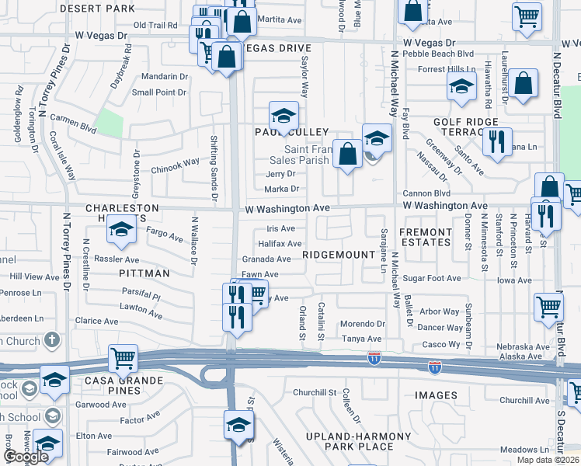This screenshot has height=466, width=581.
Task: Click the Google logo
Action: coord(25,457)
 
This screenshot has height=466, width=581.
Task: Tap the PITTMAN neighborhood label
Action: coord(144,273)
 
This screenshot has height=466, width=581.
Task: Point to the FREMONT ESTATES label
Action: coord(425,237)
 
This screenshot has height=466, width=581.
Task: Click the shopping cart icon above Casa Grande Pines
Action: coord(123,358)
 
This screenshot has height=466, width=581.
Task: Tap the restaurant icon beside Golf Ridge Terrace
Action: coord(496,141)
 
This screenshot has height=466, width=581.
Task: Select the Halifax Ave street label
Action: coord(280,244)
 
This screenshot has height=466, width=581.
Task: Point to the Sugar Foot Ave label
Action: coord(433,278)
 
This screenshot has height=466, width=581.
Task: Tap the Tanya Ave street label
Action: coord(363,339)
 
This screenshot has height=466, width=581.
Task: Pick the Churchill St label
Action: coord(315,392)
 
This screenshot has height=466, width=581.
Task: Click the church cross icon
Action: coord(51,339)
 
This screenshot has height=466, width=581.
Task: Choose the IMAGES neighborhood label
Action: coord(436,395)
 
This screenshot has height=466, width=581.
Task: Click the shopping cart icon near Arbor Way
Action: coord(548,307)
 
